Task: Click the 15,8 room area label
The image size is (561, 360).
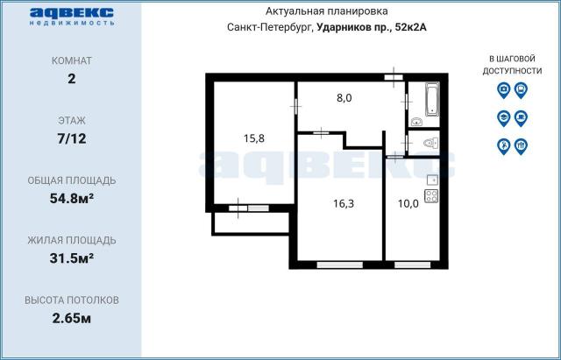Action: [254, 138]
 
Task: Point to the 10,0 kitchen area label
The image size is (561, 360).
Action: [408, 203]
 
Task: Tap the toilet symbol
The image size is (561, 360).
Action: [429, 143]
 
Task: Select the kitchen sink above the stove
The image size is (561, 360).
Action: [431, 180]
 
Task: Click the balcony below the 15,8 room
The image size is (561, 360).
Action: [251, 223]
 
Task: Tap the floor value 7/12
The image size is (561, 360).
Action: [72, 138]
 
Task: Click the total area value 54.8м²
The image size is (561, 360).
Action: [72, 198]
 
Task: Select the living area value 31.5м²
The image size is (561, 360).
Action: [72, 258]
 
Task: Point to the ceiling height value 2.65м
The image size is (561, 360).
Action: [72, 317]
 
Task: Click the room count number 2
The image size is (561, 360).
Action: [72, 78]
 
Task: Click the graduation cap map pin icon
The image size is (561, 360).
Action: [503, 117]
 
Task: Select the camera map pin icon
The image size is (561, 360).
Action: [503, 89]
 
